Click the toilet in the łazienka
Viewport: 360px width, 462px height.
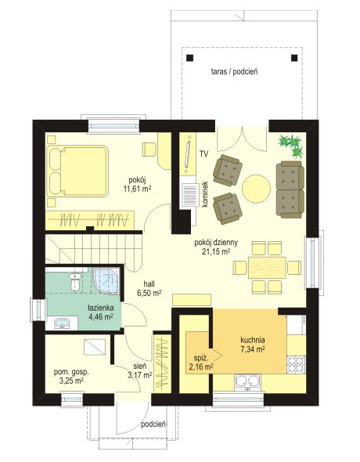point(75,282)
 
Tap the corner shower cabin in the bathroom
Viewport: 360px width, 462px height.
point(106,281)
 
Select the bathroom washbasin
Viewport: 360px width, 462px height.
point(62,323)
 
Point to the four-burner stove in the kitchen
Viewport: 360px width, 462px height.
point(297,364)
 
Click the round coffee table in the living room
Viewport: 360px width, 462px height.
point(256,189)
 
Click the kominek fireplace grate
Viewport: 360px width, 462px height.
point(190,194)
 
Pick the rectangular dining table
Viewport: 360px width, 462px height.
point(267,268)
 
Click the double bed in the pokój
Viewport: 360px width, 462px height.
point(77,171)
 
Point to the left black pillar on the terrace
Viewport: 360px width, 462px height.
point(190,58)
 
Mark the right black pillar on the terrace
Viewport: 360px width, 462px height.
point(294,58)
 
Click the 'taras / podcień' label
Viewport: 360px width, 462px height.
point(234,71)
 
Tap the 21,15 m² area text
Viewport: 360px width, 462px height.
point(216,251)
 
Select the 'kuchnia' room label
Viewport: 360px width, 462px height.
point(253,340)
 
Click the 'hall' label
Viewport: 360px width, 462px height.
point(149,283)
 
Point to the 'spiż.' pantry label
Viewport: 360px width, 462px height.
point(201,359)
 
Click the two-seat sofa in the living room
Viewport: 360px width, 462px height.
point(290,189)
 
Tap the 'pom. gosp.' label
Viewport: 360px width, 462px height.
point(71,372)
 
